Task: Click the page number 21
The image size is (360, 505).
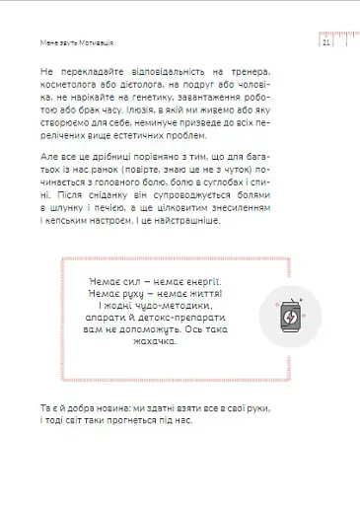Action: [328, 43]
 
